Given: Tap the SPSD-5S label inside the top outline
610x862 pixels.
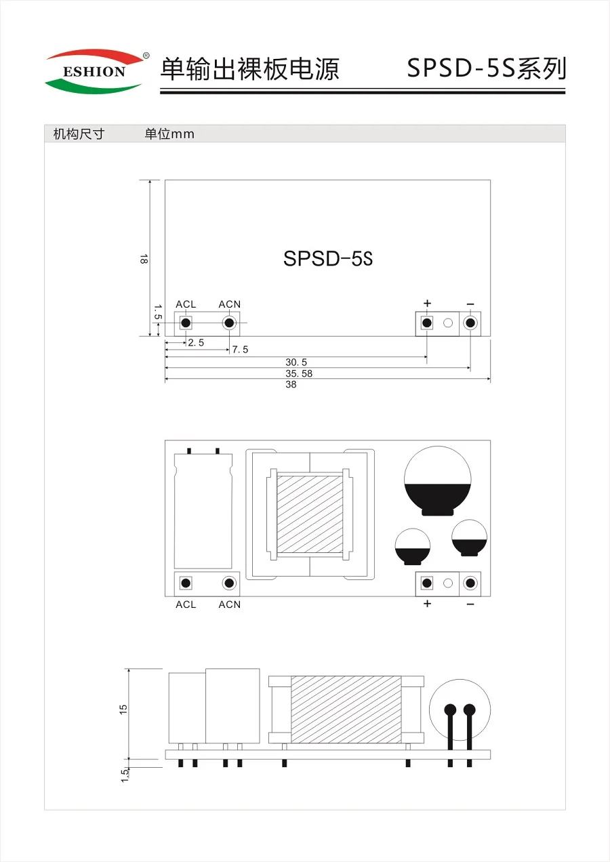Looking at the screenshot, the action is click(328, 259).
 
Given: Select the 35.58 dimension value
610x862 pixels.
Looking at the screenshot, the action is click(299, 373).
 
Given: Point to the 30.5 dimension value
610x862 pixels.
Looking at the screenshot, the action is click(296, 362).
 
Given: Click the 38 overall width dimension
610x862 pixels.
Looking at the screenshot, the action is click(291, 384).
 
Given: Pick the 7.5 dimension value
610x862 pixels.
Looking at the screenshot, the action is click(240, 350).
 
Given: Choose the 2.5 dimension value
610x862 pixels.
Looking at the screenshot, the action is click(196, 342).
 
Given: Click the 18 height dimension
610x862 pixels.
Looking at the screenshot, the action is click(143, 259).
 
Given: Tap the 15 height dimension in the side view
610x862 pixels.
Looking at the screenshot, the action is click(123, 710).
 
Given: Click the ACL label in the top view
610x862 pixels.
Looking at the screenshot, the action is click(186, 304).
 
